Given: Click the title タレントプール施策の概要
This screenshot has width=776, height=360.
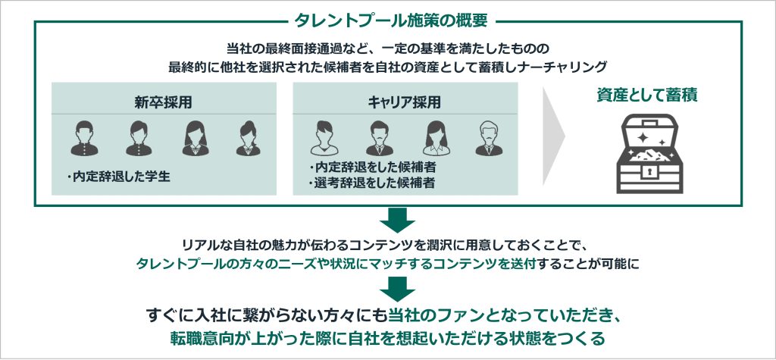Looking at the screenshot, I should click(x=388, y=20).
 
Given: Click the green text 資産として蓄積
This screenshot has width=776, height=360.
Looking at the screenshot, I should click(x=646, y=96).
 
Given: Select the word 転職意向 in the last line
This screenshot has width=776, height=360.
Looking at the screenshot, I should click(x=200, y=337).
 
